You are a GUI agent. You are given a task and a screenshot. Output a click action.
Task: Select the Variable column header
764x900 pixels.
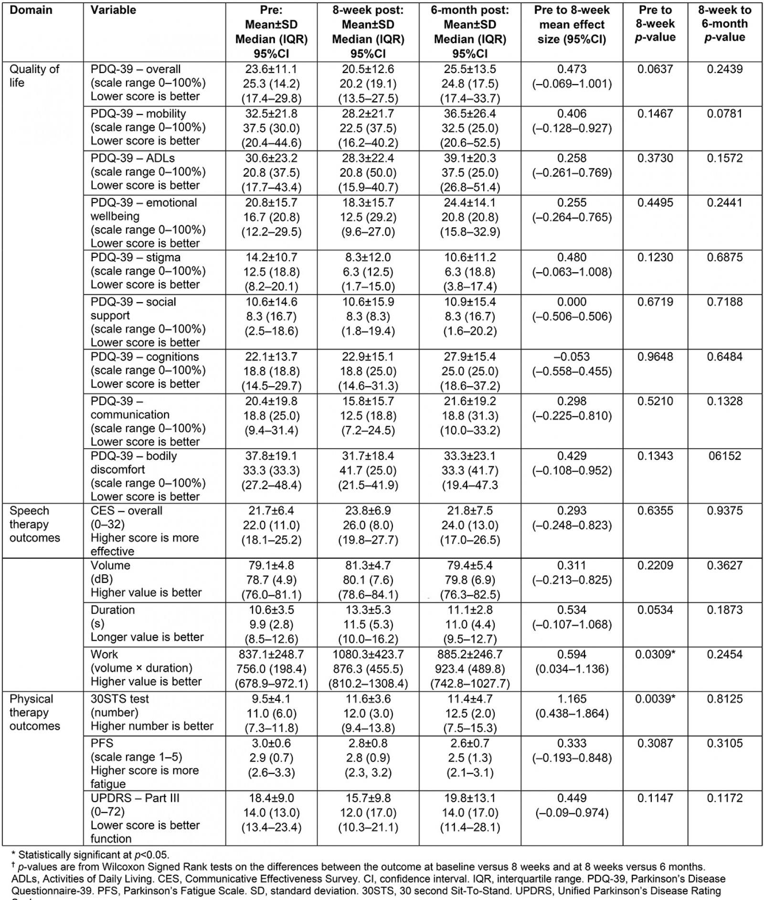click(x=113, y=10)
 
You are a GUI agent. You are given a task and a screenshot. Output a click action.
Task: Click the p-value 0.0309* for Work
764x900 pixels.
click(x=655, y=654)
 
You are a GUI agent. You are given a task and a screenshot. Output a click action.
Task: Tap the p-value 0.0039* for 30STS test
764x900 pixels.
click(x=655, y=699)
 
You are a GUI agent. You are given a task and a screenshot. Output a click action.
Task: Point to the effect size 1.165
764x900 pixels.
click(x=572, y=699)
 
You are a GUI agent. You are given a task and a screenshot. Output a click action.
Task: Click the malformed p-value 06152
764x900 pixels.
click(x=724, y=456)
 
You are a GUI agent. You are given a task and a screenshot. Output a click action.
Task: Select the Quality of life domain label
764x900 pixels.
click(x=34, y=75)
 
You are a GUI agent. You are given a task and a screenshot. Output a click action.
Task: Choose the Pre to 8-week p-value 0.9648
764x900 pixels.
click(x=655, y=357)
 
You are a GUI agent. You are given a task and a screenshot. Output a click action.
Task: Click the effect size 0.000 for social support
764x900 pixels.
click(x=572, y=302)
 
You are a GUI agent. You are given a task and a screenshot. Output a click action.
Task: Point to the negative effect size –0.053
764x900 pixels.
click(x=572, y=357)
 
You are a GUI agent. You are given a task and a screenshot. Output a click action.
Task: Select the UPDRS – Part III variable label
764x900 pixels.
click(x=135, y=798)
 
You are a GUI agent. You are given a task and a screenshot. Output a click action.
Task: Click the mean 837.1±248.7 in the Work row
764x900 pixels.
click(x=271, y=654)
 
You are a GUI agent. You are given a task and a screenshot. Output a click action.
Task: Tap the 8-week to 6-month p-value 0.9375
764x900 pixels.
click(x=724, y=510)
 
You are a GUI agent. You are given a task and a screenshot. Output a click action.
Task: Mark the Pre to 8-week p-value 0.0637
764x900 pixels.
click(x=655, y=69)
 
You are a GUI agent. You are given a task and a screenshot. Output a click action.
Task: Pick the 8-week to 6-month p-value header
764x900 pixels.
click(x=724, y=24)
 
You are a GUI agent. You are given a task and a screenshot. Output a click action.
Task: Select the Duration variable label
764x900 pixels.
click(x=113, y=610)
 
